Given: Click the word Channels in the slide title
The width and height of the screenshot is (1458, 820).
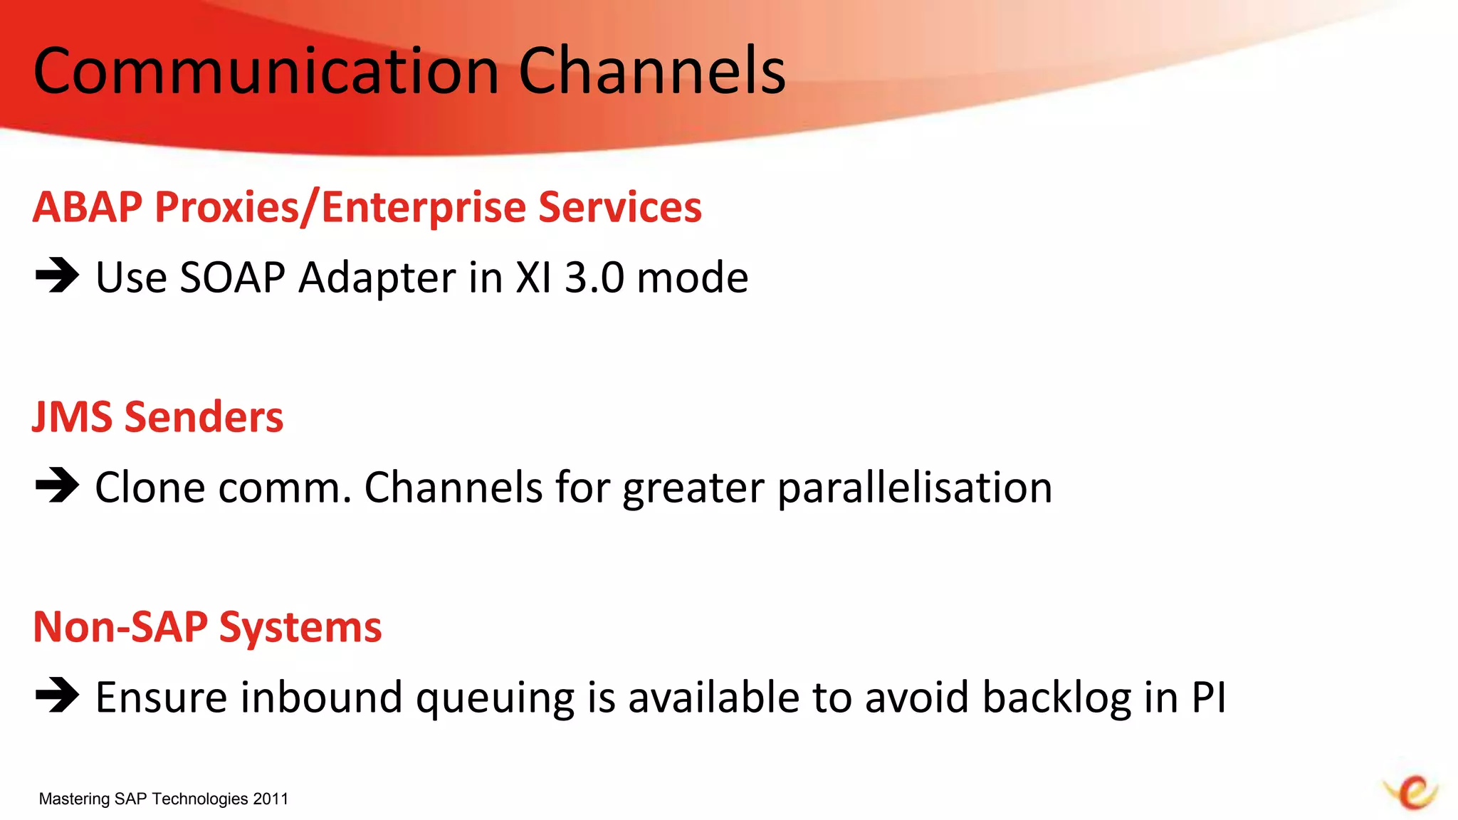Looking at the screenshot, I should (x=651, y=71).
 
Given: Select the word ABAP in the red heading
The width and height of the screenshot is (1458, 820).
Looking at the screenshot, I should (x=88, y=207).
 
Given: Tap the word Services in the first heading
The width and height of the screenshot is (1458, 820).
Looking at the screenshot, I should (x=619, y=207).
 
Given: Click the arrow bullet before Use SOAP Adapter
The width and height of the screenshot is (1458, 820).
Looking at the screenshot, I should (x=57, y=276).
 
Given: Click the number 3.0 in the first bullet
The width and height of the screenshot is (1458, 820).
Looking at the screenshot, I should (x=594, y=277).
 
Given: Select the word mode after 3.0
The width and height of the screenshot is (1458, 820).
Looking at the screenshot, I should (x=692, y=277).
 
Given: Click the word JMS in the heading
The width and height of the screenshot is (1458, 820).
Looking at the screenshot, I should (x=72, y=417).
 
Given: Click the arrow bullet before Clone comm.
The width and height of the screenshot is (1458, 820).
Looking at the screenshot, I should (x=57, y=486).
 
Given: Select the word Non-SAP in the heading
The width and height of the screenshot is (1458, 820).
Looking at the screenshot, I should (x=120, y=627).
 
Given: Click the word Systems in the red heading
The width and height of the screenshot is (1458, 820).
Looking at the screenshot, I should (x=300, y=628).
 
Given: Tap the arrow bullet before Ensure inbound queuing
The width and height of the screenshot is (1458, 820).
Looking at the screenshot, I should (x=57, y=695).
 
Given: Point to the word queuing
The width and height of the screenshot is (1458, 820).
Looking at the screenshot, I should (x=495, y=698).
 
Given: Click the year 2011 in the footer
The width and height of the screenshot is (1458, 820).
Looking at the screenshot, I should (x=271, y=799).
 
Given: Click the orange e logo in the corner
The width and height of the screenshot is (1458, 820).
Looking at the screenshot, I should (x=1412, y=792).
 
